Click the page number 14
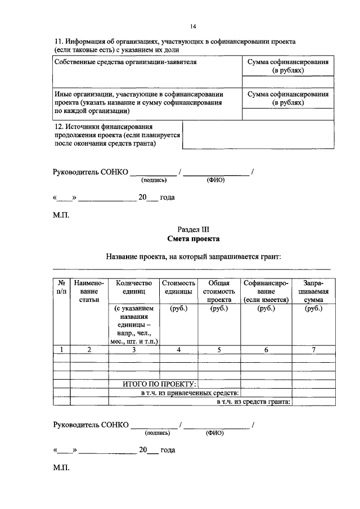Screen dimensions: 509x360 tap(193, 26)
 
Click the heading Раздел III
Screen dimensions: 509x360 tap(193, 229)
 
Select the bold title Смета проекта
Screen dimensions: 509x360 tap(193, 238)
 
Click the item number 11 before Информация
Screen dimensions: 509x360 tap(58, 42)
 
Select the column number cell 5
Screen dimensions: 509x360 tap(219, 350)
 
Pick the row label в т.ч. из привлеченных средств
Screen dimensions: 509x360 tap(190, 393)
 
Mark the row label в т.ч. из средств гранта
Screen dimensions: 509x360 tap(253, 402)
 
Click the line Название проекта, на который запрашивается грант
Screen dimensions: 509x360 tap(193, 257)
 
